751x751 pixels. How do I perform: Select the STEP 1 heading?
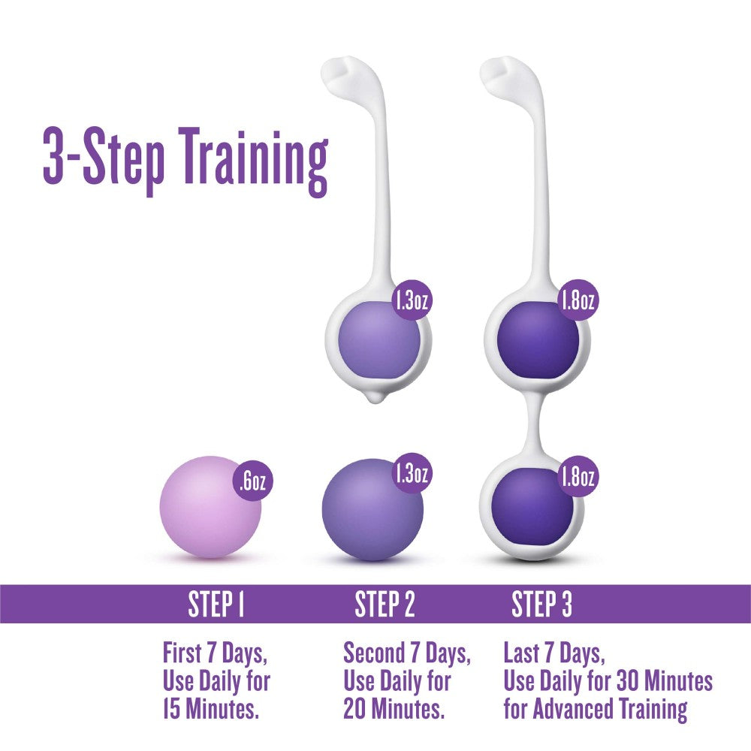tap(216, 604)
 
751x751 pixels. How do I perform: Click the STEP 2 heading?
tap(385, 604)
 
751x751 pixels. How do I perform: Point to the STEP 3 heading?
tap(541, 604)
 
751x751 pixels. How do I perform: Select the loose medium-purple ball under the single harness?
tap(372, 511)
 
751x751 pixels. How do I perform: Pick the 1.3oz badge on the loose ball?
tap(412, 473)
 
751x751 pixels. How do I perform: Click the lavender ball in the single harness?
tap(379, 342)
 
